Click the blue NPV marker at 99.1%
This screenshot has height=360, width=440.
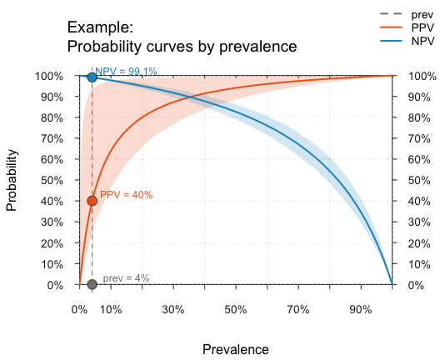pyautogui.click(x=92, y=77)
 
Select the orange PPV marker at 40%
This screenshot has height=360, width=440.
pyautogui.click(x=92, y=201)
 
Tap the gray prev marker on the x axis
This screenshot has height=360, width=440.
pyautogui.click(x=92, y=284)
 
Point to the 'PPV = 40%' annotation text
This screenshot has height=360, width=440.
pyautogui.click(x=126, y=195)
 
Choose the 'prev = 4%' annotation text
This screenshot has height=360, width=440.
pyautogui.click(x=126, y=278)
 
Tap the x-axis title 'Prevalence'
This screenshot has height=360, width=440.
pyautogui.click(x=236, y=348)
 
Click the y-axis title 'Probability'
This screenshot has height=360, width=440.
pyautogui.click(x=12, y=180)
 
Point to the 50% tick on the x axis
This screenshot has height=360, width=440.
pyautogui.click(x=236, y=309)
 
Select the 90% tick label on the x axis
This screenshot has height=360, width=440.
pyautogui.click(x=361, y=309)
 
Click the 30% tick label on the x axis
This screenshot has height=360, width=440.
pyautogui.click(x=173, y=309)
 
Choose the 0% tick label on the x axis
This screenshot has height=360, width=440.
pyautogui.click(x=79, y=309)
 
